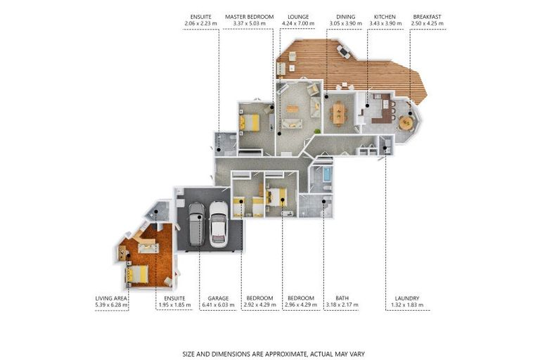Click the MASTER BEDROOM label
point(249,16)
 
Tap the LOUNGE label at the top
point(298,16)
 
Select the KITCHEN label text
point(385,16)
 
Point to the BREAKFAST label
point(427,16)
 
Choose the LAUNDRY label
point(406,298)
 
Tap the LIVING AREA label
point(111,298)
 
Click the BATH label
point(342,298)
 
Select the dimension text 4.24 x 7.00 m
point(298,24)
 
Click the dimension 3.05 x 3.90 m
point(345,24)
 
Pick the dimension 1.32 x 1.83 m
point(406,305)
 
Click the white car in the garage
point(219,223)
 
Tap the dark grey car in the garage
point(196,224)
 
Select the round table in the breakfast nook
point(406,122)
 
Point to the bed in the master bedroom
point(250,122)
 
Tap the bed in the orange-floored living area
point(138,274)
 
